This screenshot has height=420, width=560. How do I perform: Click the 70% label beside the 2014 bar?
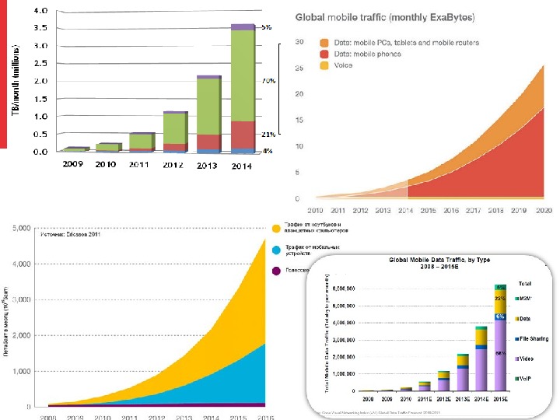point(266,81)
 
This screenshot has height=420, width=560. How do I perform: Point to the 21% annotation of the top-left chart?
point(266,133)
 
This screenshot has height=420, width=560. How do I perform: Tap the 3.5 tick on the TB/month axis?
point(39,28)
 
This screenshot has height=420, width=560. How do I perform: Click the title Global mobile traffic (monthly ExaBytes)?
point(386,16)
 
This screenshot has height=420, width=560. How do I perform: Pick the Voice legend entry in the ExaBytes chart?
point(343,65)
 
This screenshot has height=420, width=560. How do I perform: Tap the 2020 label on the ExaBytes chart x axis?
point(544,210)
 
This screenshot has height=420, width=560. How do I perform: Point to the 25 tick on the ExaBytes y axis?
point(298,68)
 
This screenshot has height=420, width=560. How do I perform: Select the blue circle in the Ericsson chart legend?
point(276,250)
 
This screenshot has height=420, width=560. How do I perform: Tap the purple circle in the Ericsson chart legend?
point(276,271)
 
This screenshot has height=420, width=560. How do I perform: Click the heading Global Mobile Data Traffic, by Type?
point(430,261)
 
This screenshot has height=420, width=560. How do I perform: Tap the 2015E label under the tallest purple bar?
point(502,398)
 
